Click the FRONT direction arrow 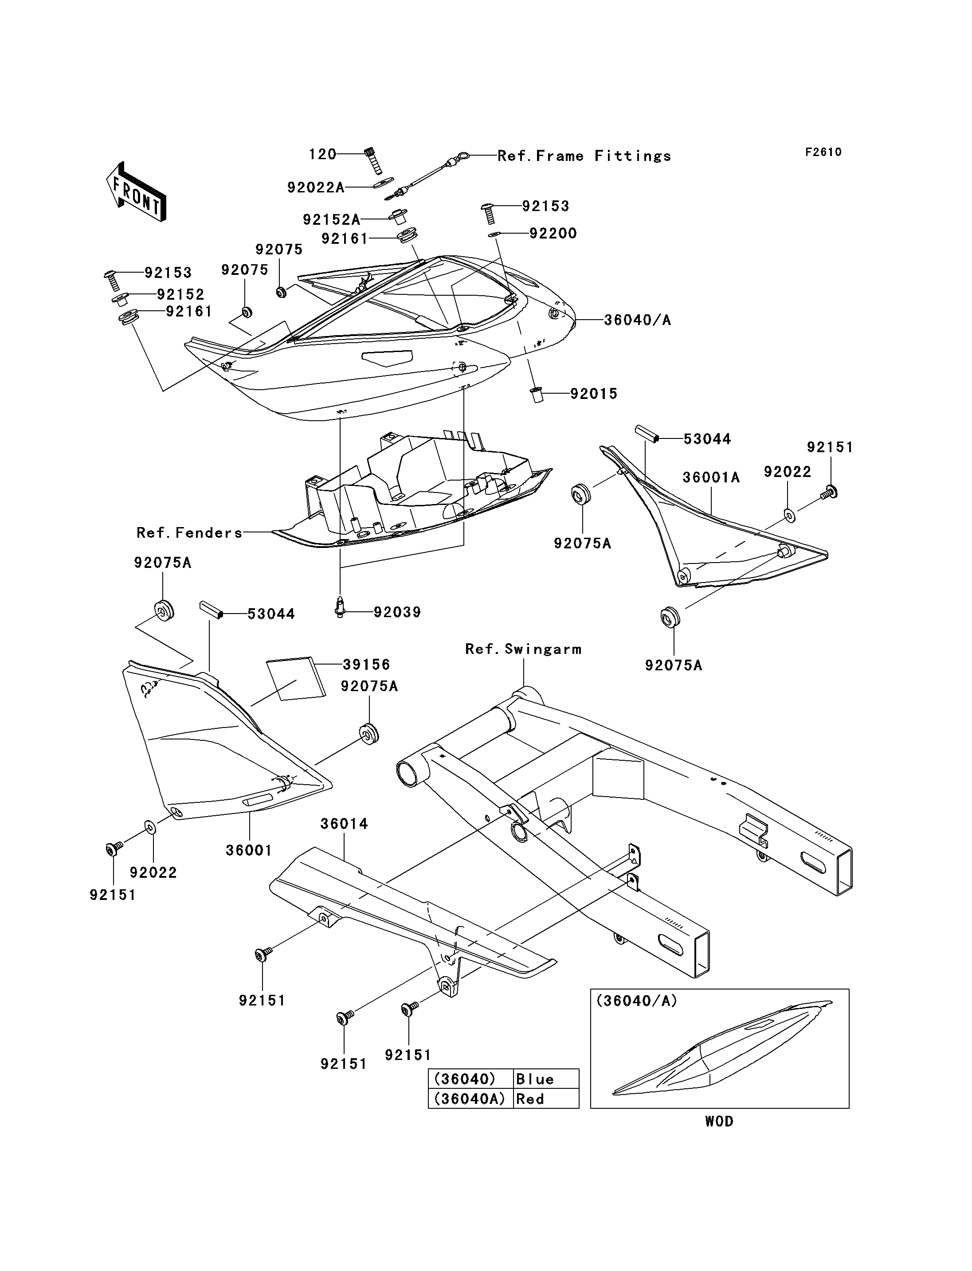click(137, 192)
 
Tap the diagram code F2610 click(823, 152)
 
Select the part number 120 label click(322, 154)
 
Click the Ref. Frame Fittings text click(584, 156)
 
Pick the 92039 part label click(397, 612)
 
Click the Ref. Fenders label click(189, 533)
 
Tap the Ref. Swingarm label click(523, 649)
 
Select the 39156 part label click(366, 664)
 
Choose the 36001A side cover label click(711, 477)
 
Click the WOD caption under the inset click(719, 1121)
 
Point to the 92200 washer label click(553, 233)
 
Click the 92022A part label click(316, 188)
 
